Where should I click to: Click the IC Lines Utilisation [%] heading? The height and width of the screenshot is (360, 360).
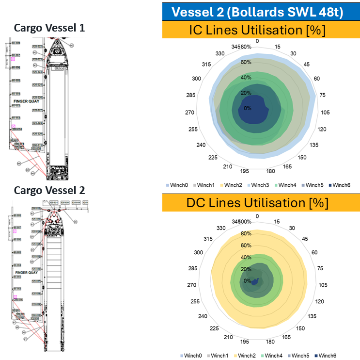(x=257, y=30)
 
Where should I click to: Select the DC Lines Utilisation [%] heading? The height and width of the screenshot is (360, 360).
(x=257, y=202)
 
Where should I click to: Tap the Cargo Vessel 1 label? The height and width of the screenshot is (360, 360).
(x=48, y=28)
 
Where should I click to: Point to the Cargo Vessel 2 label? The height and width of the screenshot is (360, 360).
(x=48, y=190)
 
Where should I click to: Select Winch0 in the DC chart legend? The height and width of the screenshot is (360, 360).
(x=193, y=356)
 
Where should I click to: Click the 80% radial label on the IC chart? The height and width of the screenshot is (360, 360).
(x=247, y=47)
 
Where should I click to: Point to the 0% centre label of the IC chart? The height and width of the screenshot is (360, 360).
(x=248, y=108)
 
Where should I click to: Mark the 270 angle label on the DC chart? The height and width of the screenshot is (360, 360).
(x=191, y=285)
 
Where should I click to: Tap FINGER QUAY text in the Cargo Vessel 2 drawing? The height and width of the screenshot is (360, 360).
(x=26, y=273)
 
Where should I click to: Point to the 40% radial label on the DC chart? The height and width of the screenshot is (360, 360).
(x=247, y=257)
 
